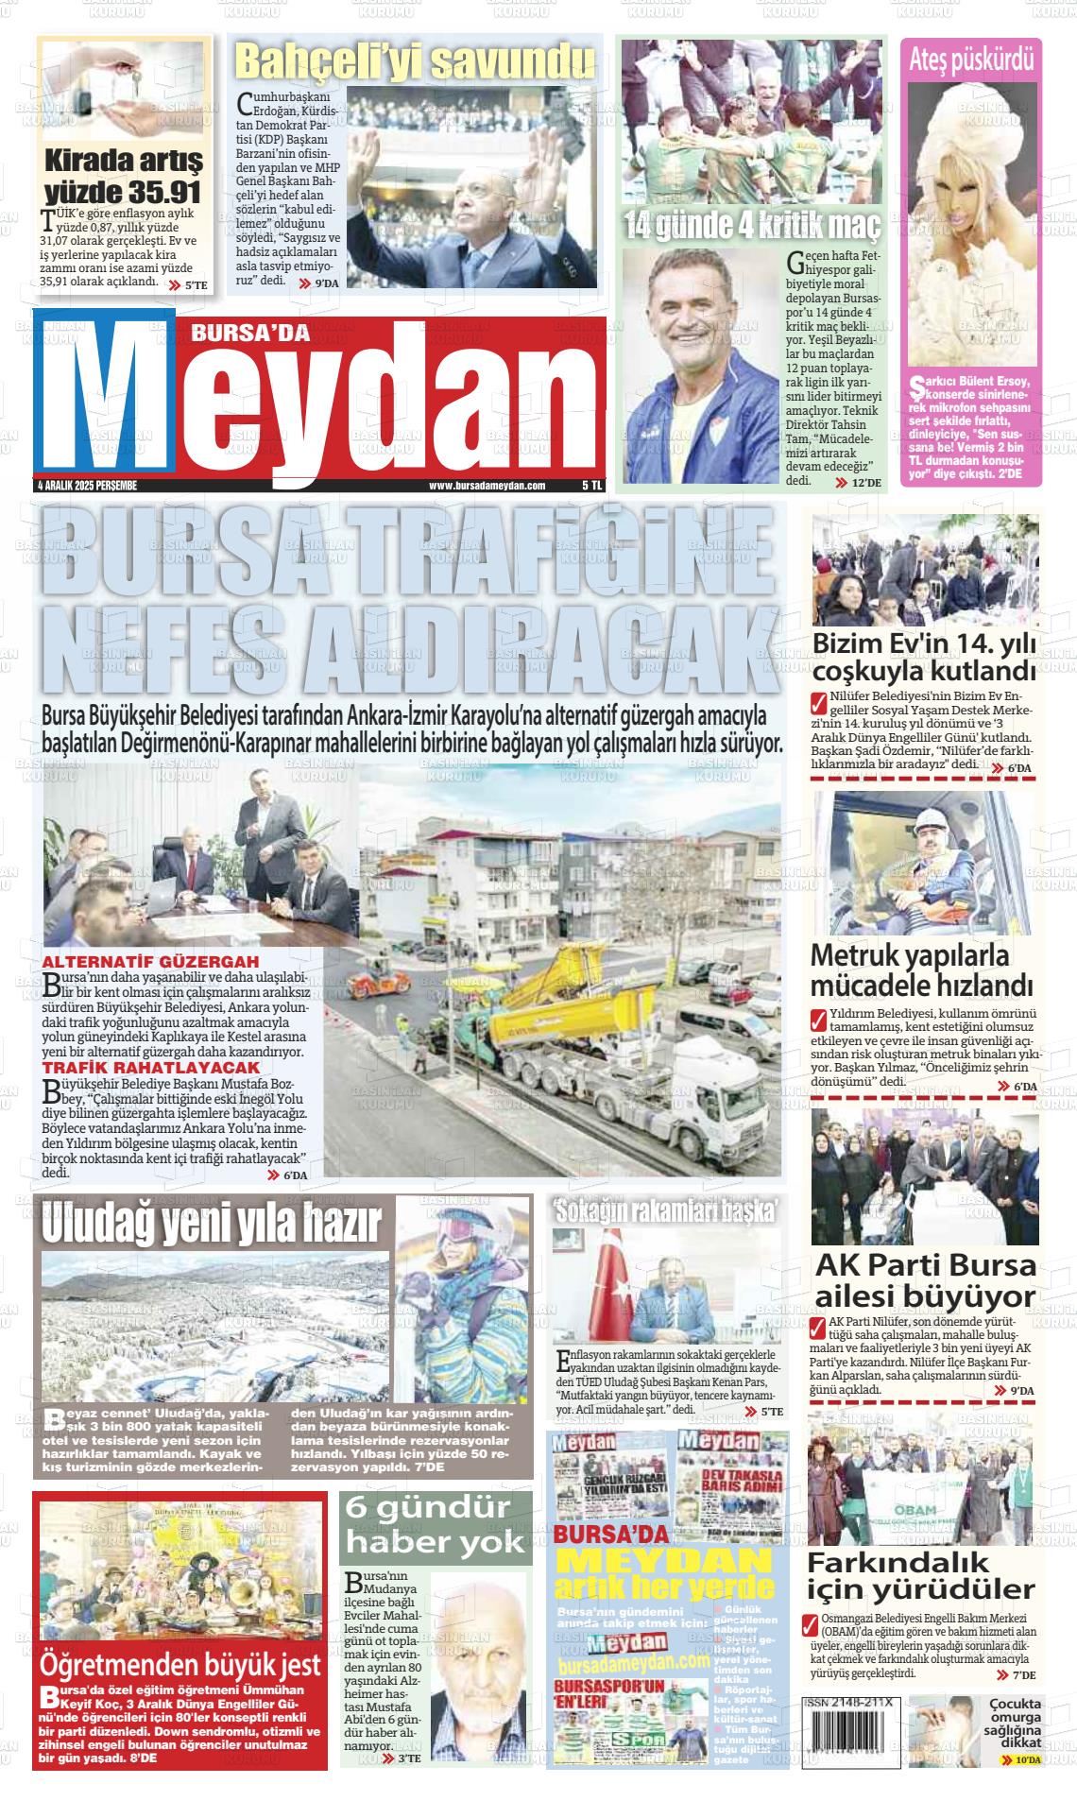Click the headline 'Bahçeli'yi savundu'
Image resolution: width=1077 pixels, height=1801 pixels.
click(x=415, y=62)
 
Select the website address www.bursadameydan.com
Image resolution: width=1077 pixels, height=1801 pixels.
click(x=487, y=486)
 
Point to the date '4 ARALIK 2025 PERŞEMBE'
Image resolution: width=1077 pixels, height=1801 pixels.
click(x=87, y=486)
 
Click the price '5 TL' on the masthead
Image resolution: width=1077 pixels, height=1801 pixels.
click(x=591, y=486)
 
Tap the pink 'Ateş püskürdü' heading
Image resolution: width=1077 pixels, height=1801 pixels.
click(x=971, y=60)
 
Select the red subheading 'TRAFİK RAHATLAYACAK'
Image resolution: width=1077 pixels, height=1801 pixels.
click(x=138, y=1067)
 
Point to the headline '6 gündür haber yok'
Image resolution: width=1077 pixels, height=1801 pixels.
click(x=436, y=1529)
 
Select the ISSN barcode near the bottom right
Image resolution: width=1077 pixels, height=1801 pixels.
click(x=849, y=1721)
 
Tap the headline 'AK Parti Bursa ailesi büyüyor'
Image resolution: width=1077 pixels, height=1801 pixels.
click(x=925, y=1279)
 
